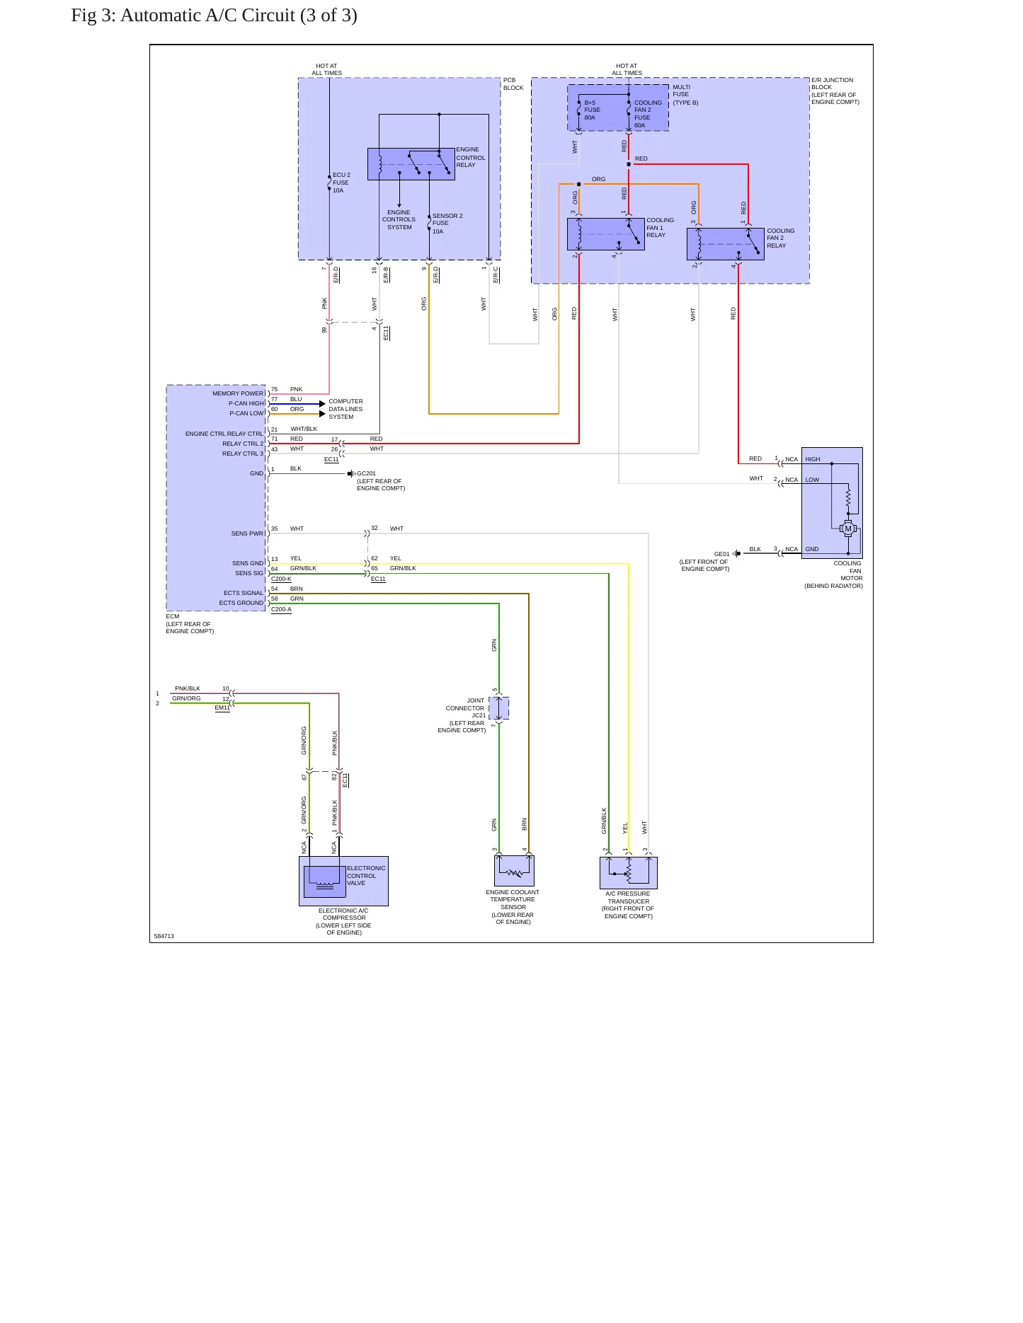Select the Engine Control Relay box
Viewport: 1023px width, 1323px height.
click(411, 164)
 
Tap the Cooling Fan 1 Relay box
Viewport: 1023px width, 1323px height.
click(606, 234)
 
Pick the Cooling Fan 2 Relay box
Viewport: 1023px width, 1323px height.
click(726, 244)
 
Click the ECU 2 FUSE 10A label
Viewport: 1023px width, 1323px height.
click(341, 183)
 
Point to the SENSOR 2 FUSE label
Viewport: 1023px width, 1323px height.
click(447, 224)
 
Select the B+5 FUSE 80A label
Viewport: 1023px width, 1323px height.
click(592, 110)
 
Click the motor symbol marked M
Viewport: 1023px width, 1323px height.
click(848, 528)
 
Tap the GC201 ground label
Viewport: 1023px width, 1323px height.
click(366, 473)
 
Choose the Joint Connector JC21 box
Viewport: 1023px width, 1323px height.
click(499, 708)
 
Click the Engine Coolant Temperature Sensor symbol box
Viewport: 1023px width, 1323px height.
click(514, 871)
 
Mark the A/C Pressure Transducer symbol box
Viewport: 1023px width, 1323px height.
click(629, 873)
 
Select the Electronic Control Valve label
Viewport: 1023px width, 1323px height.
click(366, 876)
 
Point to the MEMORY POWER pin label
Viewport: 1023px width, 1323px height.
click(238, 393)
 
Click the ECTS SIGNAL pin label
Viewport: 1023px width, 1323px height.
click(244, 593)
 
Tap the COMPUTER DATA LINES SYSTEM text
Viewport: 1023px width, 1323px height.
click(345, 409)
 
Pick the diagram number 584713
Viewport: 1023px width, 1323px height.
click(164, 936)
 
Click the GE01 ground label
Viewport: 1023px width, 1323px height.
click(721, 554)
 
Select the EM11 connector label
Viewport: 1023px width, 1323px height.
click(222, 707)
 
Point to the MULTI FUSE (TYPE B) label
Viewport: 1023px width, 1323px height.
click(685, 95)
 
